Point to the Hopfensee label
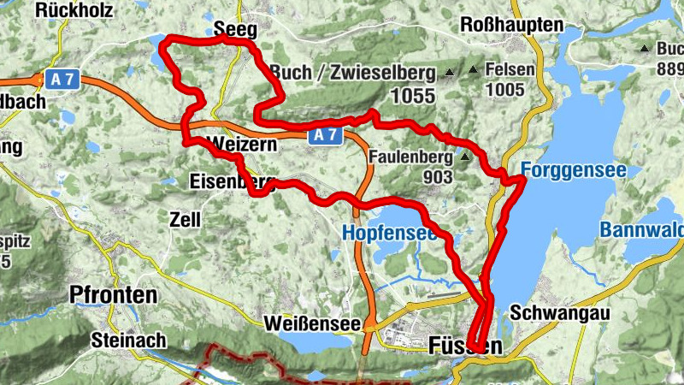point(389,232)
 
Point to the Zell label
point(185,220)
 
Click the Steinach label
point(128,340)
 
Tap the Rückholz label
point(75,10)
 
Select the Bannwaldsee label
point(641,230)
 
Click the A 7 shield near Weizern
point(325,135)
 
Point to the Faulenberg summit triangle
point(464,157)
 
